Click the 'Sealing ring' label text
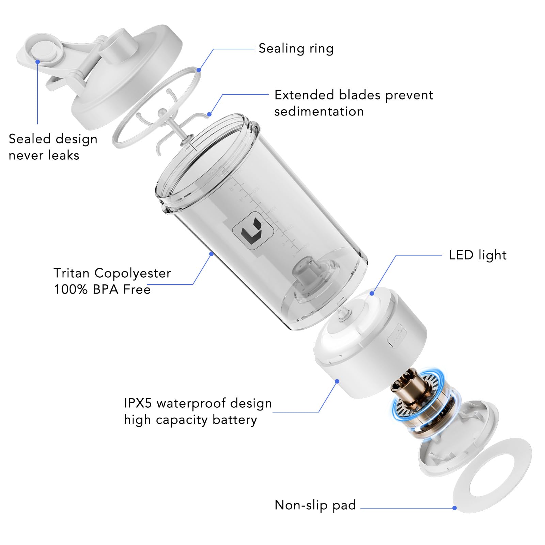(x=296, y=49)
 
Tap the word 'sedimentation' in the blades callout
(x=319, y=111)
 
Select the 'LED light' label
(x=477, y=255)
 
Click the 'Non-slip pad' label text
(x=315, y=505)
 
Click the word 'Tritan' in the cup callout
(x=72, y=273)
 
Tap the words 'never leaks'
(x=44, y=155)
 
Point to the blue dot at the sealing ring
(x=199, y=70)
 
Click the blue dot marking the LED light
(x=372, y=293)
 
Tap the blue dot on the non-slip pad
(x=454, y=508)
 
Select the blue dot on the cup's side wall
(x=211, y=254)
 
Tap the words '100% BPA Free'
(x=102, y=290)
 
